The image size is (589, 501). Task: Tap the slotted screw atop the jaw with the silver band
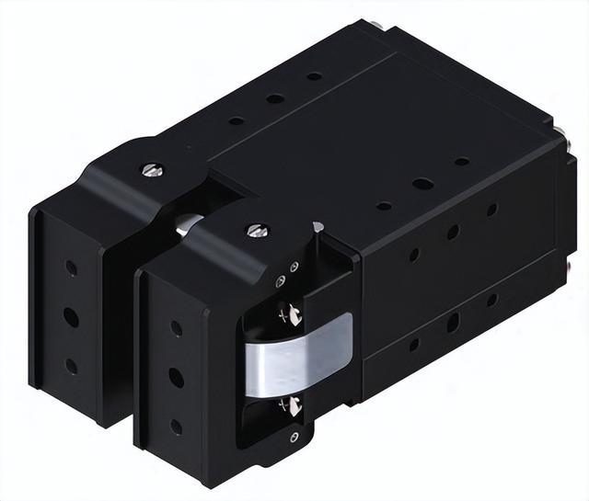[x=258, y=230]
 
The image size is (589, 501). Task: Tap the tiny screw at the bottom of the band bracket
[x=294, y=437]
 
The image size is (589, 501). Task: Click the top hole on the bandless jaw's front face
[x=71, y=268]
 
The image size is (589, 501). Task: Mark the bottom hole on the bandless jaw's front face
[x=71, y=365]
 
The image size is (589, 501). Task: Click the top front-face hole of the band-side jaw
[x=176, y=328]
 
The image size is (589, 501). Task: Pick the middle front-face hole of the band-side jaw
[x=176, y=378]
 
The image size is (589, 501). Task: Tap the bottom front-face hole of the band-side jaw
[x=176, y=427]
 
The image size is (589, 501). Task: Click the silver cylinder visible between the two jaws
[x=189, y=221]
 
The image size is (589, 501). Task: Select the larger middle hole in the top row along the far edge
[x=275, y=98]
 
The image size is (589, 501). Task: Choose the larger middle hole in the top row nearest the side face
[x=422, y=184]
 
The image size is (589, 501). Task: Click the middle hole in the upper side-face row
[x=453, y=233]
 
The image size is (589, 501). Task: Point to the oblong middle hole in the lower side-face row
[x=453, y=323]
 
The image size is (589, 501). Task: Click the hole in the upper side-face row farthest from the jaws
[x=491, y=210]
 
